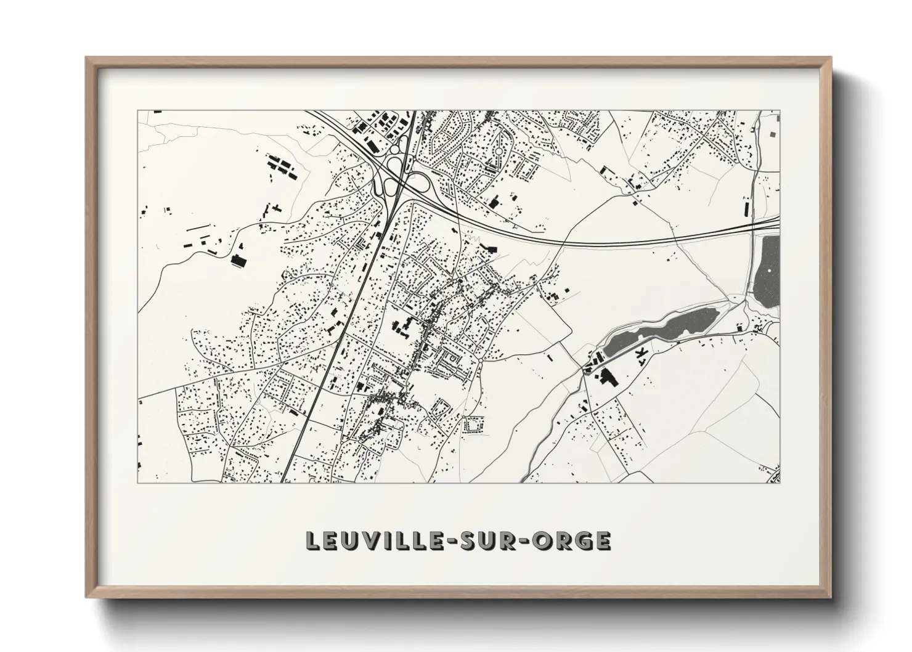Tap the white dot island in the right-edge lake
769,271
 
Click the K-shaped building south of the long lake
643,352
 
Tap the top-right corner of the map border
780,111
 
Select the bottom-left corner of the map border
139,483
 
